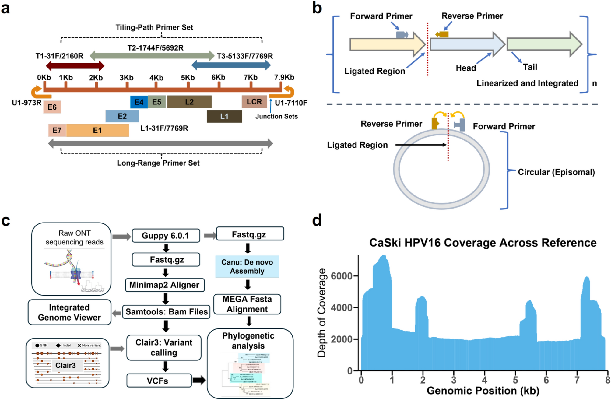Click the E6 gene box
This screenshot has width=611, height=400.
click(x=52, y=107)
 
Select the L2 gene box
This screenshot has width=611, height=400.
click(x=189, y=102)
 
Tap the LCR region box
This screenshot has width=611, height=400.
click(x=254, y=102)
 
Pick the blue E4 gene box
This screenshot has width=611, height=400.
click(x=139, y=102)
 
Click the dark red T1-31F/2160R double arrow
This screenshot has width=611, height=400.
click(x=75, y=65)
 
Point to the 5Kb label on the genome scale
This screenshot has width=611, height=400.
click(x=188, y=78)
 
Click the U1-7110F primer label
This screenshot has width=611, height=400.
click(x=291, y=103)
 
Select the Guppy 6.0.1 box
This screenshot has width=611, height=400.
click(x=166, y=236)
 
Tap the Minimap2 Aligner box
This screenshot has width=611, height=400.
click(x=164, y=285)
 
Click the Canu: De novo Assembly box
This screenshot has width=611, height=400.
click(x=247, y=267)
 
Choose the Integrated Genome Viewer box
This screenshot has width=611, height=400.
click(x=69, y=312)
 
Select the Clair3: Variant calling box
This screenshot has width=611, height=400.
click(x=164, y=347)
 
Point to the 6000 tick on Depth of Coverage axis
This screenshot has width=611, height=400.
click(x=341, y=276)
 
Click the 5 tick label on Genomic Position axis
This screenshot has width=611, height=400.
click(x=515, y=380)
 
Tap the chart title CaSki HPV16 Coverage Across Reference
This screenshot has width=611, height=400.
click(x=483, y=243)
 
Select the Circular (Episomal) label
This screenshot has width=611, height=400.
click(x=556, y=172)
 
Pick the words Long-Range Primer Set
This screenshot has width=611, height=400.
click(x=158, y=163)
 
